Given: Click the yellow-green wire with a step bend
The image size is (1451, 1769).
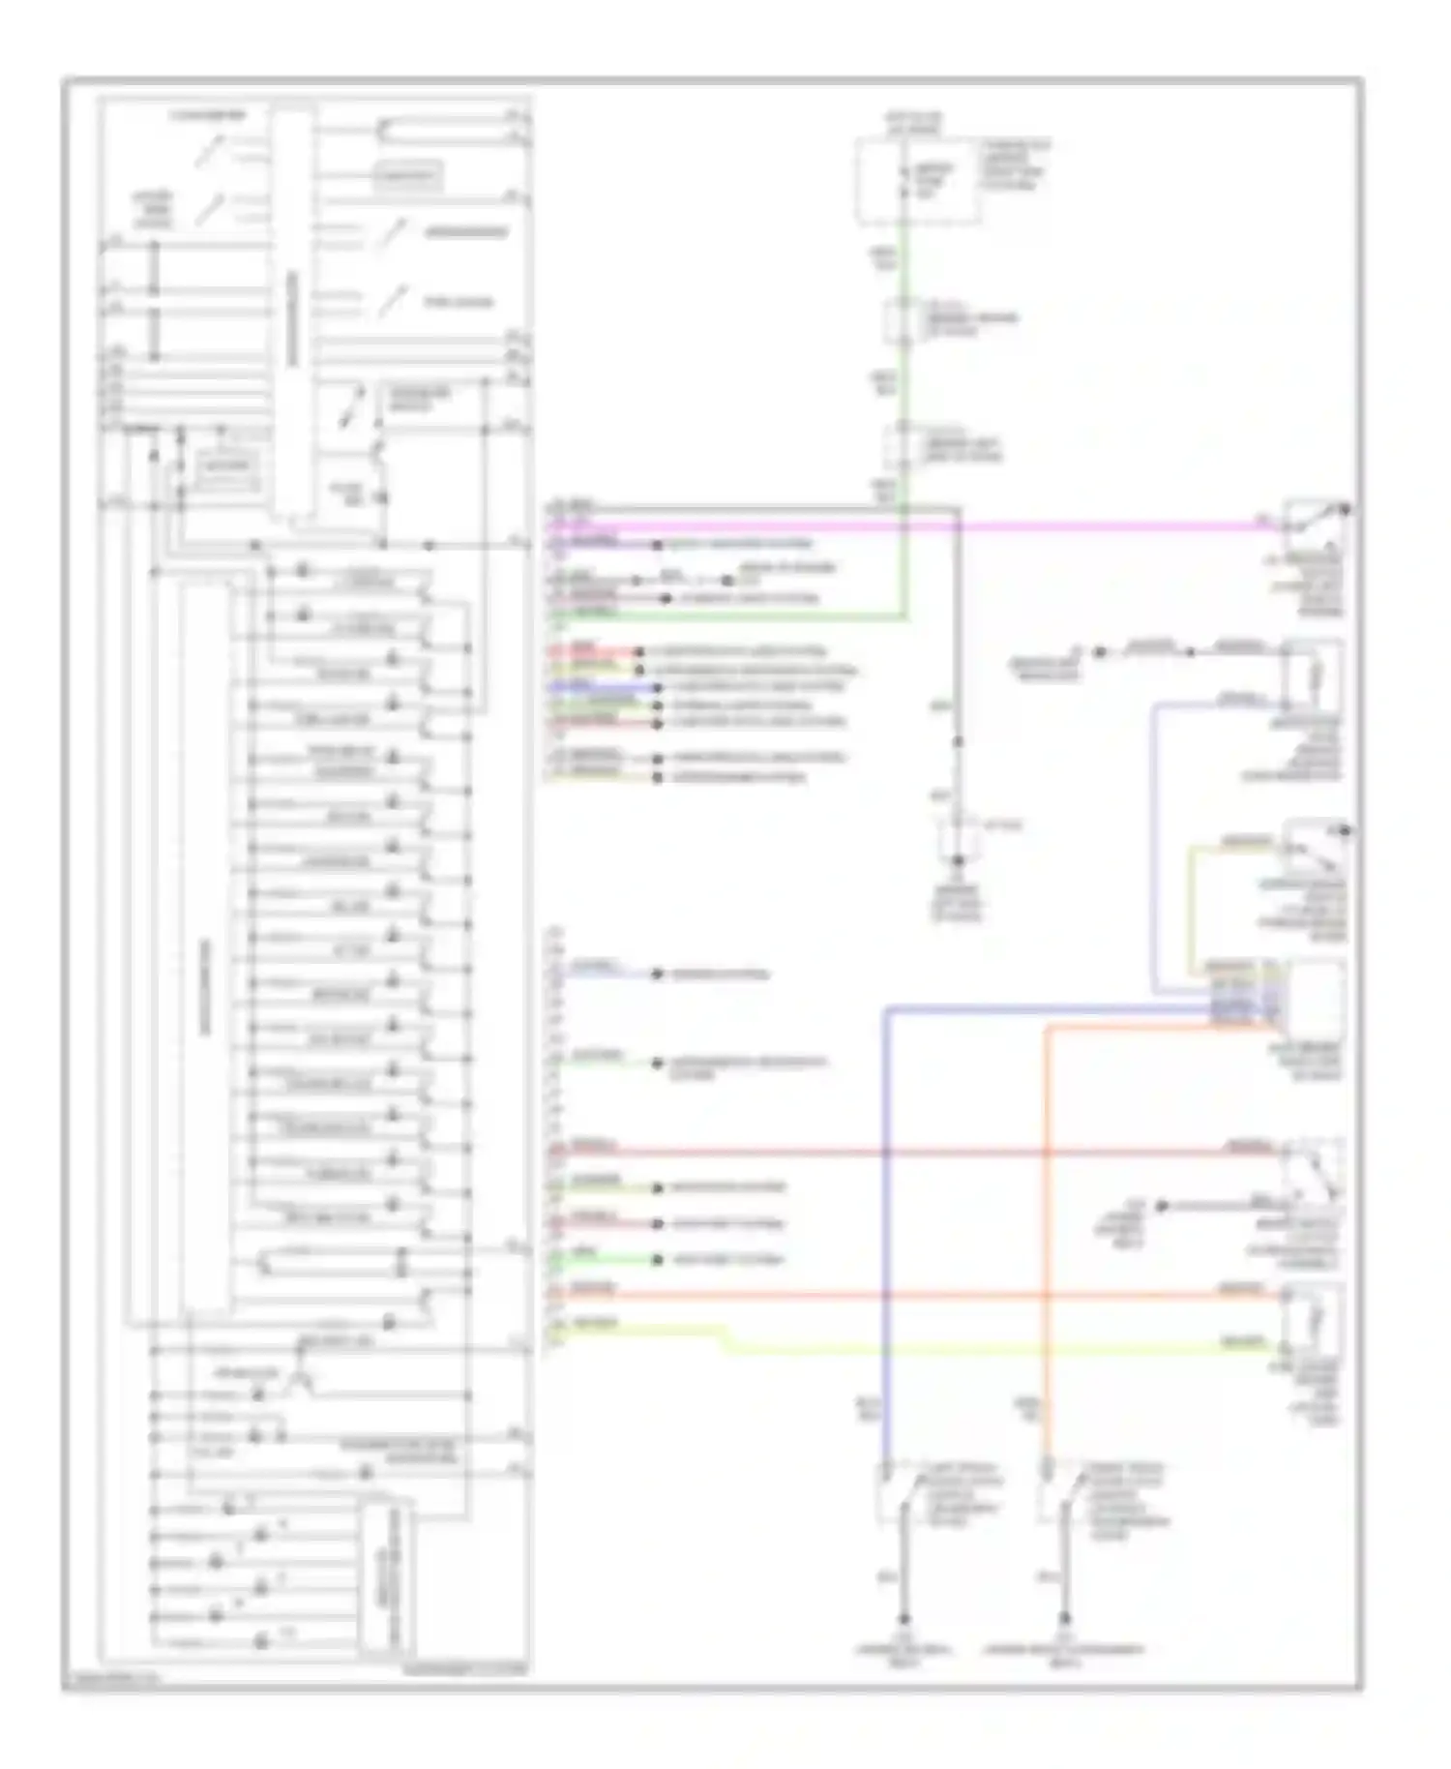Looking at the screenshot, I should (x=967, y=1347).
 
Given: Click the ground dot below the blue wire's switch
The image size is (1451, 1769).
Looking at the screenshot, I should (x=904, y=1618).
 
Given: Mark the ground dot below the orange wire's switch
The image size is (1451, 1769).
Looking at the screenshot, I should (x=1065, y=1618).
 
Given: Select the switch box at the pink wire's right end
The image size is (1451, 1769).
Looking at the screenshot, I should (x=1314, y=527).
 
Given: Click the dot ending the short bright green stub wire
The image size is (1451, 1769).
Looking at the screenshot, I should (x=657, y=1260).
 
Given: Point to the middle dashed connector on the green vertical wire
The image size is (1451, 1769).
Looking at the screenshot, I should (x=904, y=322).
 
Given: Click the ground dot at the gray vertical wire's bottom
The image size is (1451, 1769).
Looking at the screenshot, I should (x=958, y=860).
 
